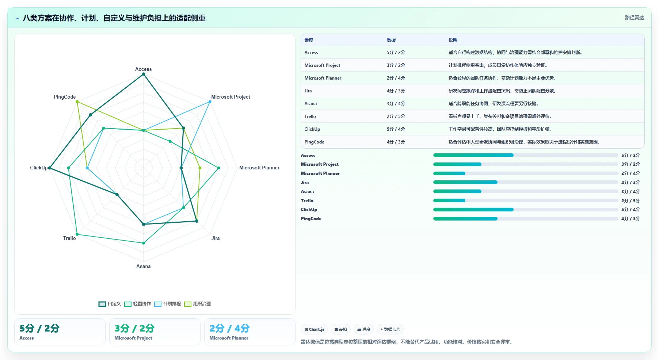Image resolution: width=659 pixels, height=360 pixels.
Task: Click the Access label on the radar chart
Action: (x=143, y=69)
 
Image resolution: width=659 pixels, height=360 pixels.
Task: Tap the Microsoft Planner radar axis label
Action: (x=259, y=168)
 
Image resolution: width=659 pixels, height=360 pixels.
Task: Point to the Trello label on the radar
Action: (x=69, y=238)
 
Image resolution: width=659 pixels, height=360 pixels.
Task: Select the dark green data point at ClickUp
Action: (x=50, y=168)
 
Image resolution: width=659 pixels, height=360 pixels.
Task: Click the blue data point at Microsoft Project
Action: (x=210, y=102)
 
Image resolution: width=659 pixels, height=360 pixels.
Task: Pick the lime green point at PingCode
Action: (x=77, y=102)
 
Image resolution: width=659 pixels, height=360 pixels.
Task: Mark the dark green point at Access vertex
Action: (x=144, y=74)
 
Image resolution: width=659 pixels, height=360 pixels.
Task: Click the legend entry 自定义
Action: (x=110, y=304)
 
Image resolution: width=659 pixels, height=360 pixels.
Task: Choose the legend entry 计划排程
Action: (x=167, y=304)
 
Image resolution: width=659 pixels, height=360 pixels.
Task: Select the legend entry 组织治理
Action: (x=197, y=304)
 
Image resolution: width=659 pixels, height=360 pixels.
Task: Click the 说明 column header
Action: (x=453, y=40)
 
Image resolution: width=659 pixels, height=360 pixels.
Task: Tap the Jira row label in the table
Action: (x=308, y=91)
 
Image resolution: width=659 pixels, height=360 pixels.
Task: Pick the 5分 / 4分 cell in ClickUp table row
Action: (x=396, y=129)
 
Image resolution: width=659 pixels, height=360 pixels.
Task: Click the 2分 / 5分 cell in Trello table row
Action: (x=396, y=116)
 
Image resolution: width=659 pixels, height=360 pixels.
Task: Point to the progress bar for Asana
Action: (x=525, y=191)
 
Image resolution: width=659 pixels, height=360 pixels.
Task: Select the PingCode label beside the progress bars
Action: (x=311, y=219)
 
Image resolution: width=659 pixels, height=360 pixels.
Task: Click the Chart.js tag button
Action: (x=314, y=329)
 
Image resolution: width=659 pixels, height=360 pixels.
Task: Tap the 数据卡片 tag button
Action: (x=390, y=329)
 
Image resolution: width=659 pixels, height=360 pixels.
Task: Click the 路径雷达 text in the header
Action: (x=634, y=18)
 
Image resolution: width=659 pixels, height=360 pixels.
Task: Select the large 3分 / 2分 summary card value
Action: (x=134, y=328)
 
